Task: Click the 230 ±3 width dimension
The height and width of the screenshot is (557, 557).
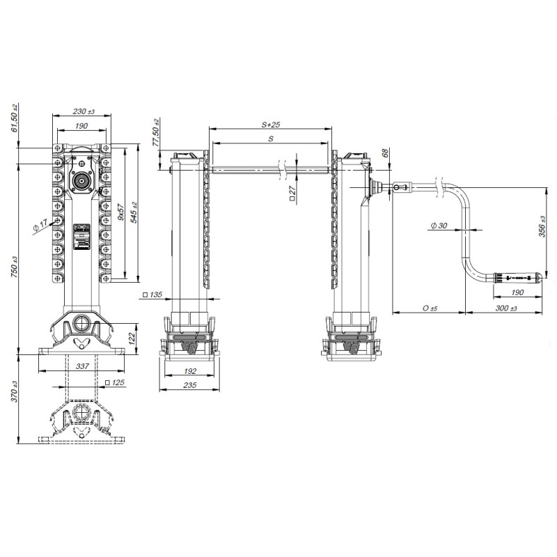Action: (84, 111)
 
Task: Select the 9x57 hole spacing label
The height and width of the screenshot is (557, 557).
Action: (120, 212)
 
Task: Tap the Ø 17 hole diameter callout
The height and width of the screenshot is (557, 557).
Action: (40, 225)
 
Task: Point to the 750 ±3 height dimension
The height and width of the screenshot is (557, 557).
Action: (14, 267)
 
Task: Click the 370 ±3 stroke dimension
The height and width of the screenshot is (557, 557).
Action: (14, 391)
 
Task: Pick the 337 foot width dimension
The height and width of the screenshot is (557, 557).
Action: (82, 366)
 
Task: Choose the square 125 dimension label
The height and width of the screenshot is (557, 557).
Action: (115, 382)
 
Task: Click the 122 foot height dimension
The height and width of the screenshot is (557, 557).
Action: (132, 338)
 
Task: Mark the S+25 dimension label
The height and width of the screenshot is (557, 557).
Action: (271, 125)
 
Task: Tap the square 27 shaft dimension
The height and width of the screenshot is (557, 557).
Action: (292, 193)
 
